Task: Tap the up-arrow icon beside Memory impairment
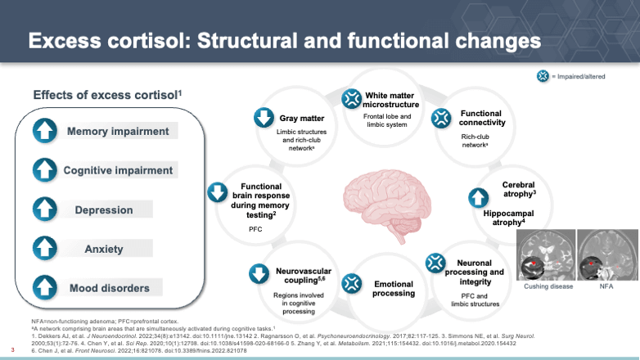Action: pyautogui.click(x=46, y=131)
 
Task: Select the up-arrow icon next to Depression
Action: pyautogui.click(x=46, y=209)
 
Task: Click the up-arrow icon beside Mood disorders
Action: pyautogui.click(x=46, y=287)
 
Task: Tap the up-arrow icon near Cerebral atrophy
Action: pyautogui.click(x=477, y=197)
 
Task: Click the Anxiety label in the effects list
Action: pyautogui.click(x=104, y=249)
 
